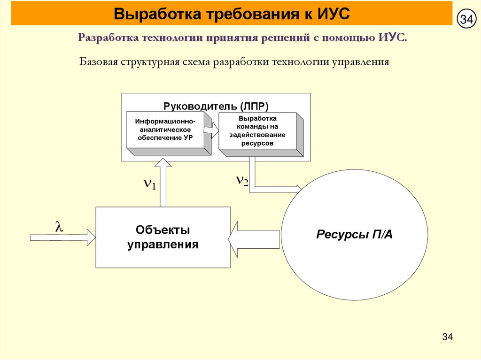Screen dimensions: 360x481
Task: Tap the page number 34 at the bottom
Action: tap(447, 337)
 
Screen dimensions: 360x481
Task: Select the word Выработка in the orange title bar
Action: tap(150, 14)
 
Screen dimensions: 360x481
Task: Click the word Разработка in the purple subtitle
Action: tap(106, 38)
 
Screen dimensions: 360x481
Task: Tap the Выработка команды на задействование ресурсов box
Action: tap(257, 130)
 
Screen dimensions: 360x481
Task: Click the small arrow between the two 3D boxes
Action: tap(215, 130)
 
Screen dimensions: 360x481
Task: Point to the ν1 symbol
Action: tap(149, 184)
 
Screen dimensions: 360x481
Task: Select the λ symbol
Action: tap(59, 227)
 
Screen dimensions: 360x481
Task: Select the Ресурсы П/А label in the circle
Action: tap(354, 234)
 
